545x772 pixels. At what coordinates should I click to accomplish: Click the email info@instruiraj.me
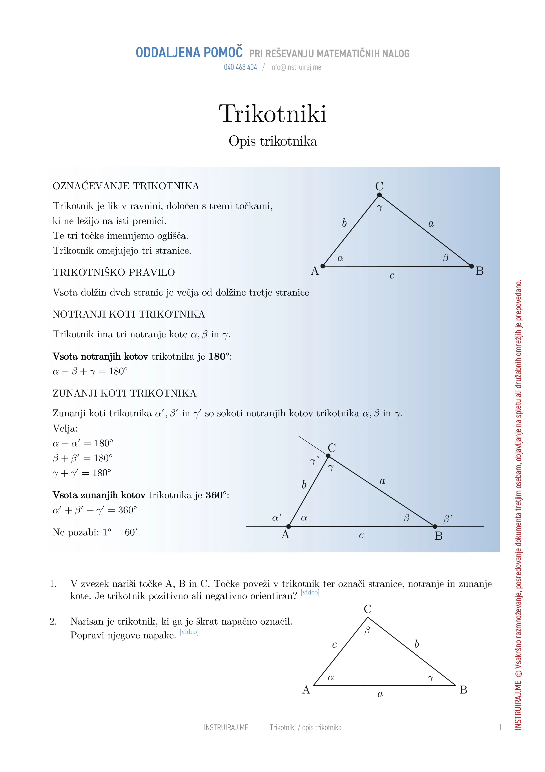[x=295, y=67]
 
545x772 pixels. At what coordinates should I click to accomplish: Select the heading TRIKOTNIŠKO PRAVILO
[x=114, y=272]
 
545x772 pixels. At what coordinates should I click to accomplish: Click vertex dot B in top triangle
[x=471, y=266]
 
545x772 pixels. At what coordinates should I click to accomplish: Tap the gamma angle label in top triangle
[x=380, y=208]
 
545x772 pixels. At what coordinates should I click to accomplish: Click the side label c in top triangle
[x=392, y=276]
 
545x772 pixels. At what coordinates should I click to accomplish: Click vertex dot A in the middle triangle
[x=288, y=526]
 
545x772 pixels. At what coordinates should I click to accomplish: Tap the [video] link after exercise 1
[x=310, y=592]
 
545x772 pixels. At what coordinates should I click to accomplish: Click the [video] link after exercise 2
[x=189, y=632]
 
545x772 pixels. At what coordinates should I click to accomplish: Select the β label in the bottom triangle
[x=367, y=630]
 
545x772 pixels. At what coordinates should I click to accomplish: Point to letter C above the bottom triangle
[x=368, y=609]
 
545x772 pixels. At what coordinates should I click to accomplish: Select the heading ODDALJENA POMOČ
[x=189, y=53]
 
